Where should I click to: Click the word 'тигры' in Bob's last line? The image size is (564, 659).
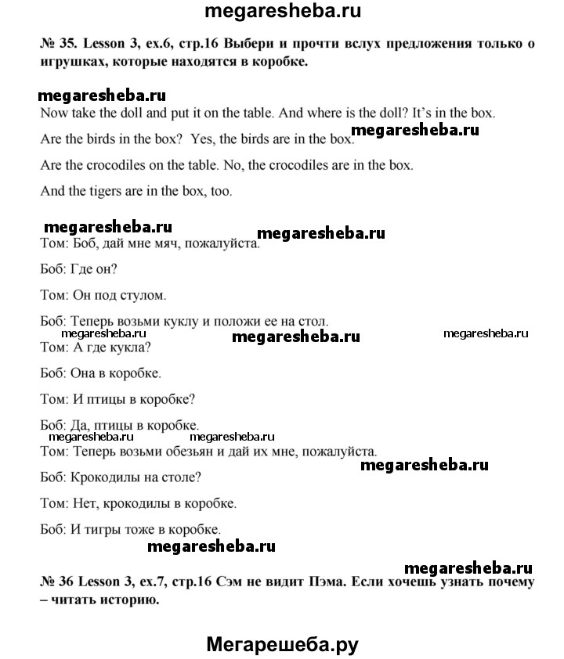pyautogui.click(x=119, y=528)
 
